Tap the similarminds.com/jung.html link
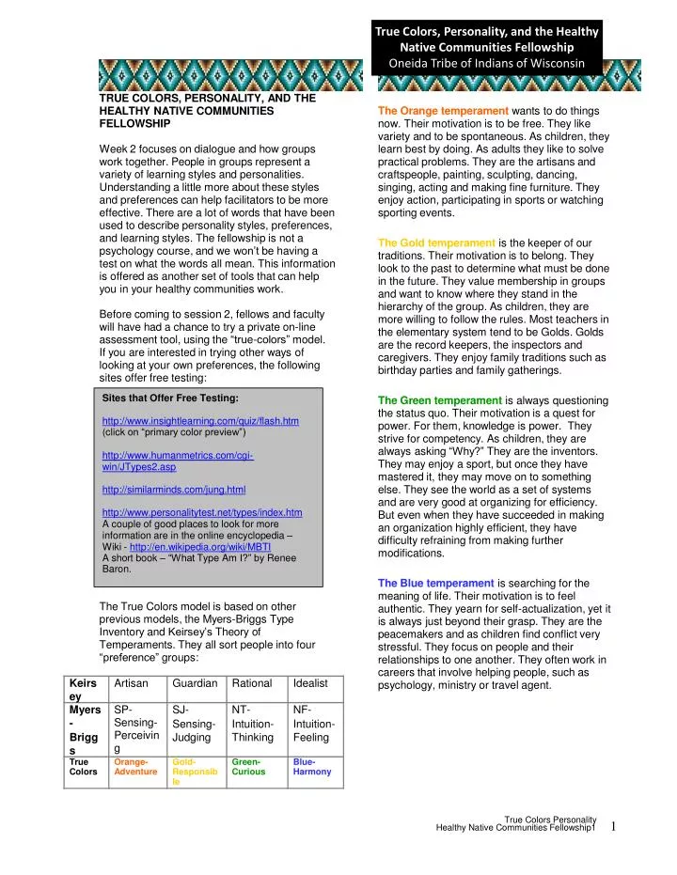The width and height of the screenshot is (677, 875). point(173,490)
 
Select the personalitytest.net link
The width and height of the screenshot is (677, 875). point(200,512)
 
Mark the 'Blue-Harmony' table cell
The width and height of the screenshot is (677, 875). point(312,765)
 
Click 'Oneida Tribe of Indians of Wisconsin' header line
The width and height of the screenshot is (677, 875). point(487,63)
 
